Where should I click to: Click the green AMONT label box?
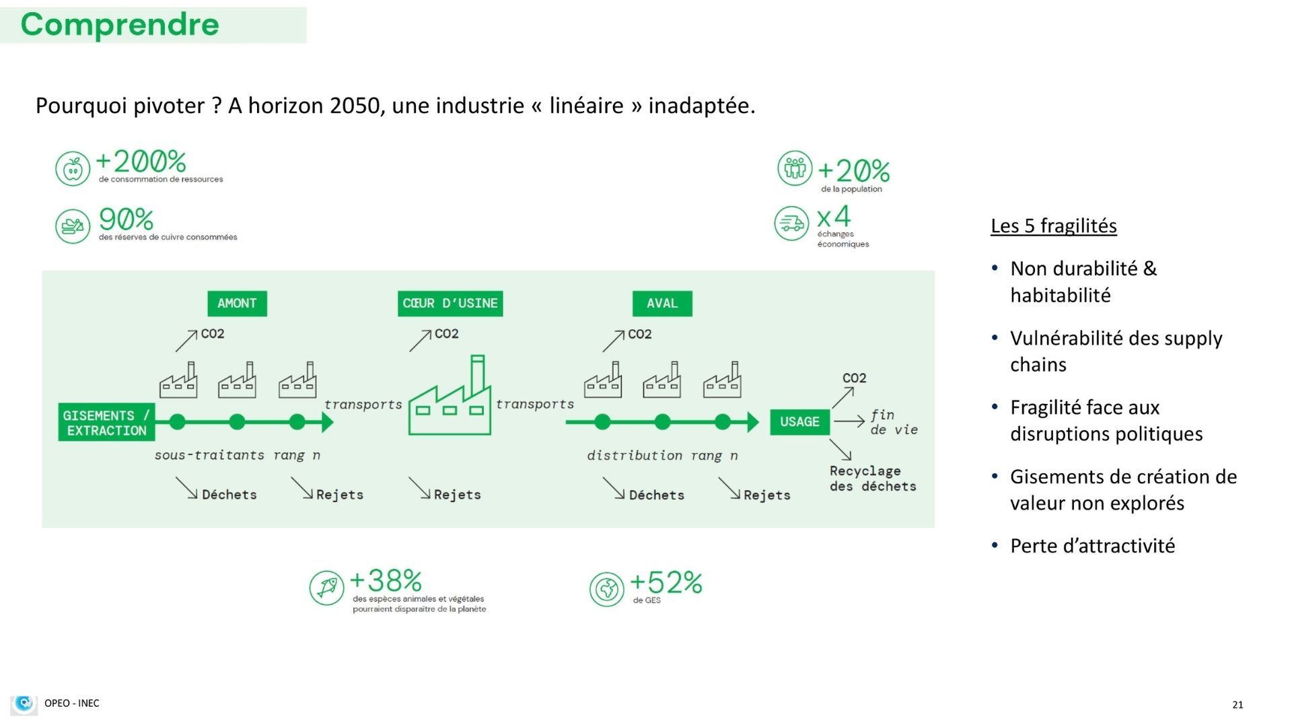(237, 304)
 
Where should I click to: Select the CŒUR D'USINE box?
(450, 304)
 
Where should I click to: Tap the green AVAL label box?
(662, 304)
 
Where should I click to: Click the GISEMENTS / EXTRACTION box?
(106, 423)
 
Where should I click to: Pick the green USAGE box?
(799, 422)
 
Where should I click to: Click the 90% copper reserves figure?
(126, 219)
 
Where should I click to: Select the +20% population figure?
(853, 171)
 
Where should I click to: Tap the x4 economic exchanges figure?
(834, 217)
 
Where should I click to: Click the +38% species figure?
(386, 580)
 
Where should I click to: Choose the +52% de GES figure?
(666, 582)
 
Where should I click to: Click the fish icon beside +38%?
(327, 588)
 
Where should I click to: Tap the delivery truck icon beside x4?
(791, 223)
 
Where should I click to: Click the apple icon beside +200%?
(73, 168)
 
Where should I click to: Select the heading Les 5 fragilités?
(1054, 226)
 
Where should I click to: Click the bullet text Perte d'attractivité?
(1093, 545)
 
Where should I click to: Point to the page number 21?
(1237, 705)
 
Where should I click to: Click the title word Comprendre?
(120, 24)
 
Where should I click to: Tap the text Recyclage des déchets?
(873, 479)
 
